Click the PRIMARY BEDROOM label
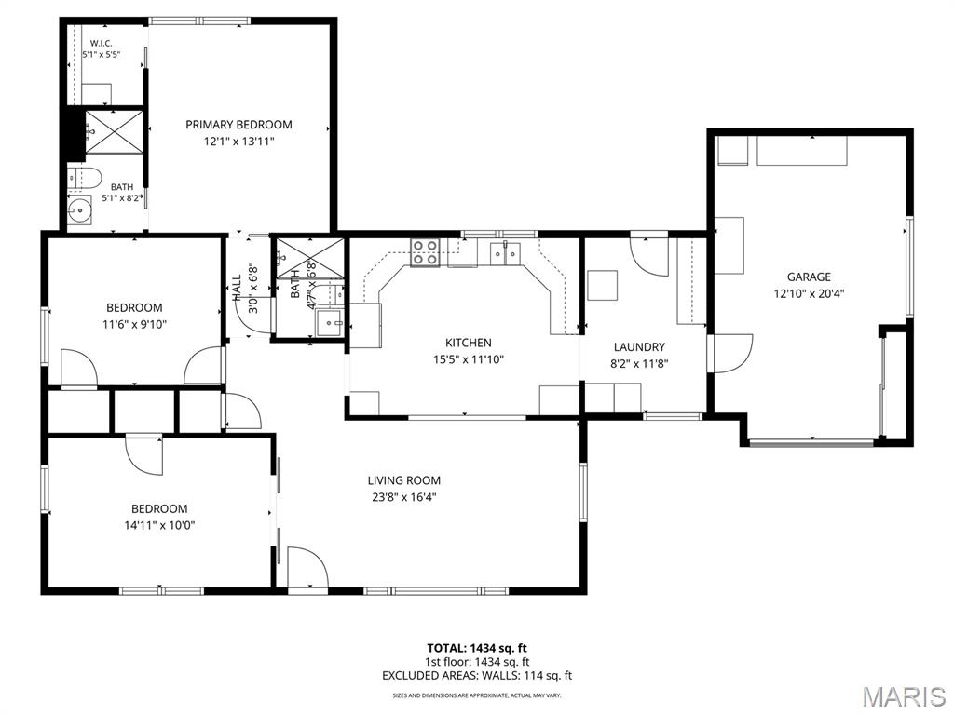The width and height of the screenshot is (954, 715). pos(238,125)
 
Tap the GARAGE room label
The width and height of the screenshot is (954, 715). pos(809,277)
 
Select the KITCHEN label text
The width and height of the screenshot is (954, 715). pos(469,343)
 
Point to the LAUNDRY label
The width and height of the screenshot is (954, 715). pos(639,347)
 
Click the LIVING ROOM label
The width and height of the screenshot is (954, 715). pos(404,480)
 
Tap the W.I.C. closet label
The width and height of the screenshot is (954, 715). pos(101,43)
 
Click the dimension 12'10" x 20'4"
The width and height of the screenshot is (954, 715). pos(809,293)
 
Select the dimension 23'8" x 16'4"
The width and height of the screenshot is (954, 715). pos(404,497)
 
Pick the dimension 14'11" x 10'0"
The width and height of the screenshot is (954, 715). pos(159,525)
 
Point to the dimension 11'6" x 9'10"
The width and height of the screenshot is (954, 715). pos(134,324)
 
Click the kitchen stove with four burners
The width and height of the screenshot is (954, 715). pos(425,252)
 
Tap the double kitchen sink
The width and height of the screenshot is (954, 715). pos(506,253)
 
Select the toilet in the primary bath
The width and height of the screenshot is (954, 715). pos(85,178)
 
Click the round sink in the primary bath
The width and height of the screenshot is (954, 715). pos(79,210)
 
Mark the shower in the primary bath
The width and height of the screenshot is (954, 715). pos(115,132)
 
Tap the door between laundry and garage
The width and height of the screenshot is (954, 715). pos(733,353)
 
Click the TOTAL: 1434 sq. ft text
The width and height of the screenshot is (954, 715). pos(476,648)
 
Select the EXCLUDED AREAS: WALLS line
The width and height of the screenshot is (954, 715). pos(477,676)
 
